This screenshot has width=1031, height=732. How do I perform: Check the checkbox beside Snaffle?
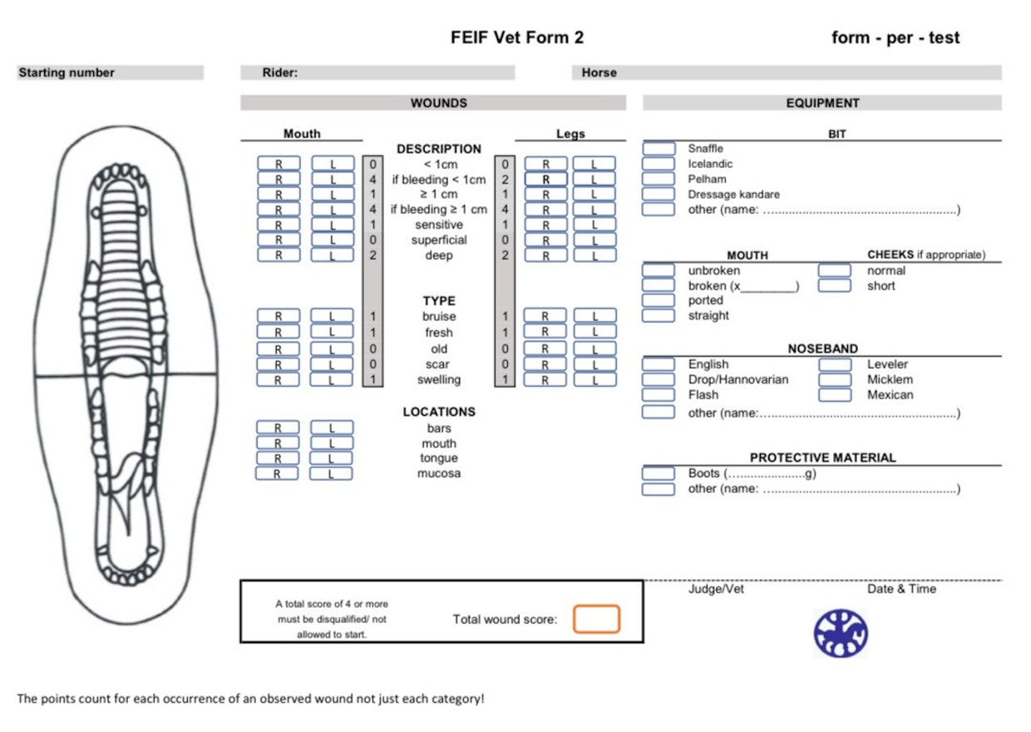(x=659, y=148)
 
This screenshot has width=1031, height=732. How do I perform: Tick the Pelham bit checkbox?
(x=659, y=179)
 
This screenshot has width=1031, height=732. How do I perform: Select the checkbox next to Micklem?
(x=835, y=379)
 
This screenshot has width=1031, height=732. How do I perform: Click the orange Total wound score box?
(x=596, y=619)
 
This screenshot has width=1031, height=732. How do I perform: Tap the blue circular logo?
(x=841, y=633)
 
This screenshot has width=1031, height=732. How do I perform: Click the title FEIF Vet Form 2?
(x=517, y=37)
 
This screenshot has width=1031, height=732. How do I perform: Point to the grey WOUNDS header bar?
(x=433, y=103)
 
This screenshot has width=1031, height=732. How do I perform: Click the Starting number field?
(x=110, y=72)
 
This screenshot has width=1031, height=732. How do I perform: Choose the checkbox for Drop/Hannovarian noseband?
(x=659, y=379)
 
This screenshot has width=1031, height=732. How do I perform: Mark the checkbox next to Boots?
(x=659, y=473)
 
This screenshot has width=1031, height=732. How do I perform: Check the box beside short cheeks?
(x=835, y=285)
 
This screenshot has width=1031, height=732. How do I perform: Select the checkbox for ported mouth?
(x=659, y=300)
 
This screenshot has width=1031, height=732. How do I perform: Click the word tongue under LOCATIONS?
(x=439, y=458)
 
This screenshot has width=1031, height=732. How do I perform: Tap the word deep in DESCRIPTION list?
(x=439, y=255)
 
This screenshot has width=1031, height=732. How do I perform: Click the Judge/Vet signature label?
(x=716, y=589)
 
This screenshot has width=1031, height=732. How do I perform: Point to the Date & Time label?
(x=901, y=589)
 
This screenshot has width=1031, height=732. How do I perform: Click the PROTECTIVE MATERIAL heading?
(x=822, y=457)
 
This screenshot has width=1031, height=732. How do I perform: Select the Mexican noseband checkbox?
(x=835, y=394)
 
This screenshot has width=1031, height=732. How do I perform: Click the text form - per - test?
(x=895, y=37)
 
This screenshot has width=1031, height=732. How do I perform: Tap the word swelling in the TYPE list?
(x=439, y=379)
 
